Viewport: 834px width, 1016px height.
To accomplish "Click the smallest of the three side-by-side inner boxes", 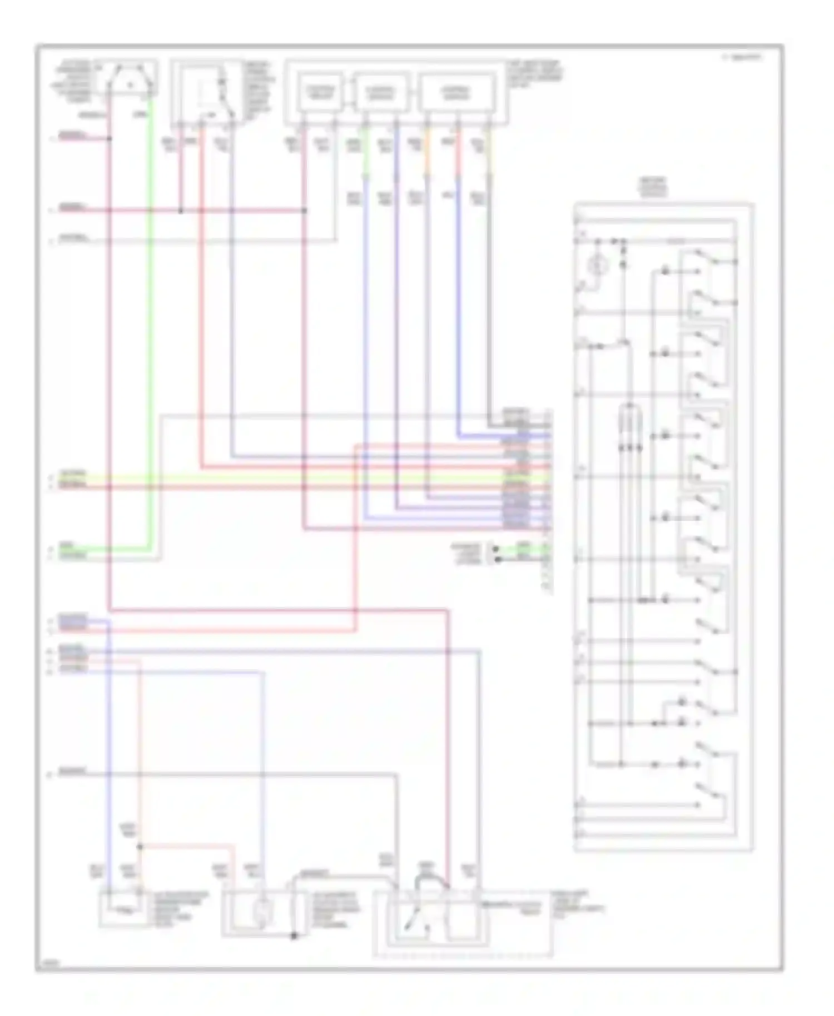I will click(x=322, y=92).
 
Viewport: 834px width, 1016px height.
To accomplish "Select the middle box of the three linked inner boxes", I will click(x=381, y=92).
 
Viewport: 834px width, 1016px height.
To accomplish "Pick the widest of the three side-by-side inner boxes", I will click(x=457, y=92).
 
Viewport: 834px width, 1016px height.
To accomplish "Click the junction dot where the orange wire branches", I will click(x=140, y=846).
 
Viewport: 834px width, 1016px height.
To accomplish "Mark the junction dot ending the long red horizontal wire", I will click(x=305, y=211).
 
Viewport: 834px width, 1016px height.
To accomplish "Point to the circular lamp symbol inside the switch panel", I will click(x=598, y=267).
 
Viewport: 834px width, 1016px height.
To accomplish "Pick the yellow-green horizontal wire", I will click(x=300, y=478).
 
